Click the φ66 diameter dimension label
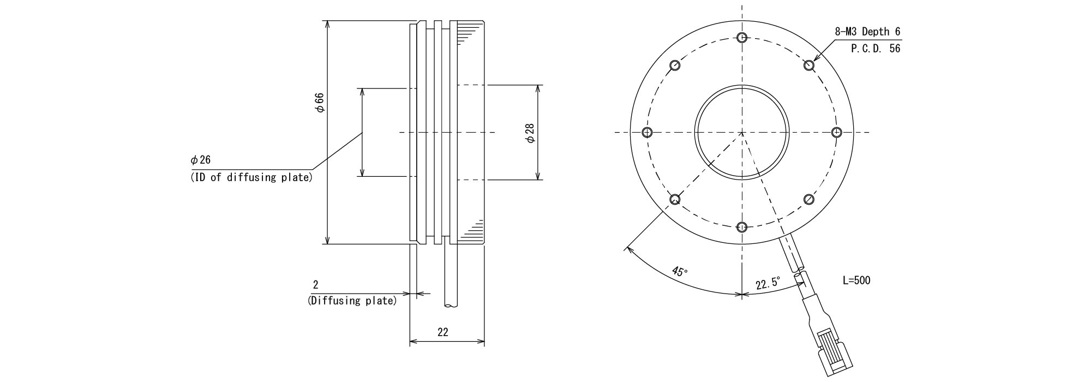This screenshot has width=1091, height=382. click(x=320, y=103)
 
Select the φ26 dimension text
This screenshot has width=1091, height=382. click(x=200, y=160)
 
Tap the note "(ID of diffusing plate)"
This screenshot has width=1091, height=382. click(x=251, y=177)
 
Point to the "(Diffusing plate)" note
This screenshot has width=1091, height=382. click(x=352, y=301)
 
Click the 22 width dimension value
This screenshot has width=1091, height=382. click(x=443, y=332)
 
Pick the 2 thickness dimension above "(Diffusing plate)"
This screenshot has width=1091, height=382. click(x=315, y=284)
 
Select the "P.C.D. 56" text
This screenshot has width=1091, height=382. click(x=875, y=49)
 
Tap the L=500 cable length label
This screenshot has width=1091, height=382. click(x=856, y=280)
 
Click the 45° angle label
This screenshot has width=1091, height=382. click(x=680, y=271)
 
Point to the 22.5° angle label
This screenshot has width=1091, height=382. click(x=768, y=284)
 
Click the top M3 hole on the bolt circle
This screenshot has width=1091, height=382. click(x=742, y=37)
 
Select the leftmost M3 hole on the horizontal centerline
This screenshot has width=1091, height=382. click(x=648, y=132)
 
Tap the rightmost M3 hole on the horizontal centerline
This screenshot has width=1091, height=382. click(x=837, y=132)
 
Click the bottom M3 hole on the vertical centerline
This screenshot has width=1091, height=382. click(x=742, y=227)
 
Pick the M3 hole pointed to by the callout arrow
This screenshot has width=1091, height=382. click(x=809, y=65)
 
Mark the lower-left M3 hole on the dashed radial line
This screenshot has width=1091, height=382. click(x=675, y=199)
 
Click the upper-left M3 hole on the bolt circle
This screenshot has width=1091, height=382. click(x=675, y=65)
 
